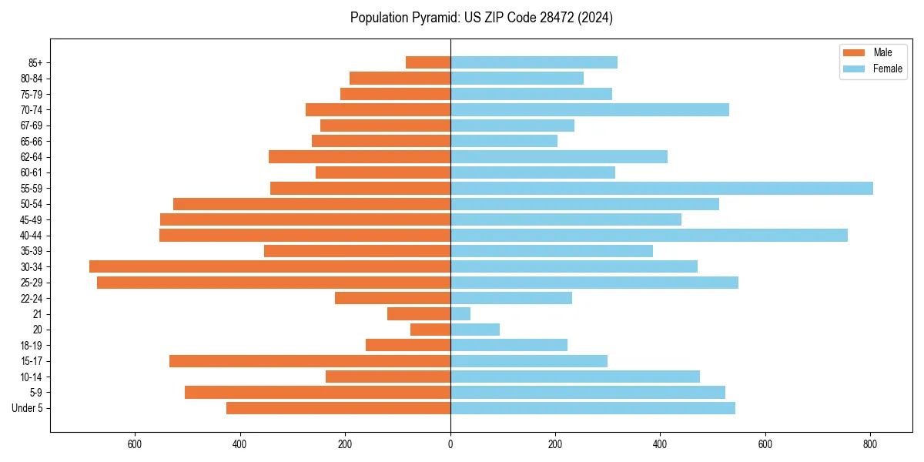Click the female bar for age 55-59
(x=661, y=188)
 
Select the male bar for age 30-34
(x=269, y=266)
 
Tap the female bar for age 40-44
(x=648, y=235)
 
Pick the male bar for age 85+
(x=428, y=62)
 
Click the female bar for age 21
(x=460, y=313)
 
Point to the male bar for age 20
(x=430, y=330)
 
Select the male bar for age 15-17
(x=310, y=361)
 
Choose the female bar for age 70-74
(x=589, y=109)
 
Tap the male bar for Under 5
(x=338, y=408)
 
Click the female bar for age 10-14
(x=574, y=377)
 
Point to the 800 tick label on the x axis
(x=870, y=444)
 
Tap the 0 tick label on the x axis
(x=450, y=444)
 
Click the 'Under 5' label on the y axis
(x=28, y=408)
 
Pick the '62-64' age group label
(x=32, y=156)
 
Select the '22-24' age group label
(x=32, y=298)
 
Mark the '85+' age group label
(x=35, y=62)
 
